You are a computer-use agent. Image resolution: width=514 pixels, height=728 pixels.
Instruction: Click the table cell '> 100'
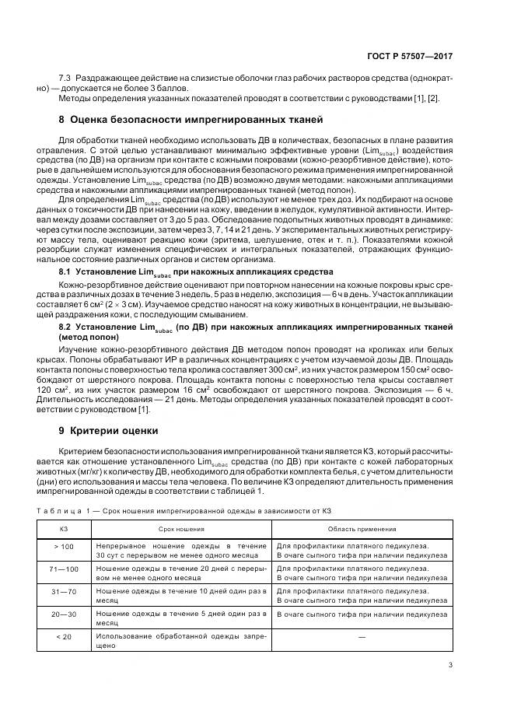pos(64,547)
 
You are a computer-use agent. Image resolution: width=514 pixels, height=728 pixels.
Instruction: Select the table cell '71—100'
pos(64,569)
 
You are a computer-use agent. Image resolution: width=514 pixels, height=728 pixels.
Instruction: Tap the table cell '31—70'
pos(64,592)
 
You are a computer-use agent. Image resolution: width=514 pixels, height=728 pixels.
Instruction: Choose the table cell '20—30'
pos(64,614)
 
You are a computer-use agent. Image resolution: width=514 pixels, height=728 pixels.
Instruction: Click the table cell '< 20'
pos(64,637)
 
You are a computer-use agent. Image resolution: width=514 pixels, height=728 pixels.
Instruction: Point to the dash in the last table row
pos(363,638)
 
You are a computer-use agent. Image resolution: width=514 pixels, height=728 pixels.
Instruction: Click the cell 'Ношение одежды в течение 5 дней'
pos(181,618)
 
